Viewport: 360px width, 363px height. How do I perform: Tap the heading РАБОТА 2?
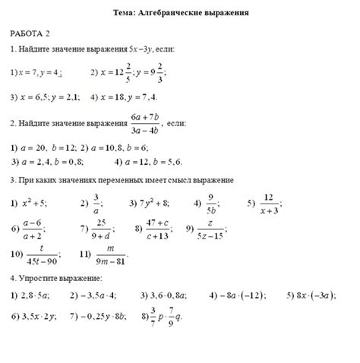(x=30, y=34)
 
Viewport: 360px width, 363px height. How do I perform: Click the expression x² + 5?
(x=34, y=204)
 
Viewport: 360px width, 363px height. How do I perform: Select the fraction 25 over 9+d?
(x=99, y=229)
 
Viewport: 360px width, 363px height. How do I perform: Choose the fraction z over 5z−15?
(x=210, y=229)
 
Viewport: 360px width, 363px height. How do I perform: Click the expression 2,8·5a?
(x=35, y=294)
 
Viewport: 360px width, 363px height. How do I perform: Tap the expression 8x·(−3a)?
(x=313, y=294)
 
